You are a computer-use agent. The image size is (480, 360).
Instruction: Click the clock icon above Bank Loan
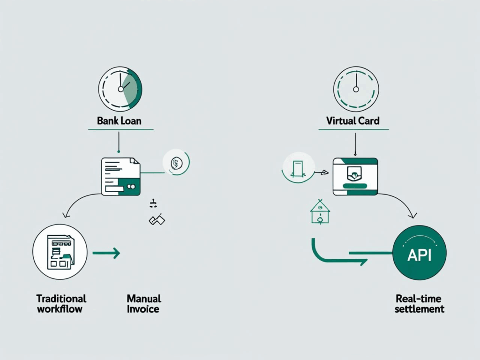pyautogui.click(x=120, y=88)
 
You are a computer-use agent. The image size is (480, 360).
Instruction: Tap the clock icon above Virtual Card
pyautogui.click(x=355, y=88)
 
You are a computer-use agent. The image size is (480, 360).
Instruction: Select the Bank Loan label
pyautogui.click(x=119, y=121)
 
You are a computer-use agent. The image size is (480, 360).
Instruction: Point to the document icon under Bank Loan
pyautogui.click(x=121, y=177)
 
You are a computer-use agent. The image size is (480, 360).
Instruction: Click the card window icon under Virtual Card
pyautogui.click(x=355, y=176)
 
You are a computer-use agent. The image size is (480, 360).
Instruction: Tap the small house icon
pyautogui.click(x=320, y=212)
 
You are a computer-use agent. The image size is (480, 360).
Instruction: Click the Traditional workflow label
pyautogui.click(x=61, y=304)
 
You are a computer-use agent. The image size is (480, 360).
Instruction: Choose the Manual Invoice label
pyautogui.click(x=143, y=304)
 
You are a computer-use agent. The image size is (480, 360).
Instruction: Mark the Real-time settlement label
pyautogui.click(x=419, y=304)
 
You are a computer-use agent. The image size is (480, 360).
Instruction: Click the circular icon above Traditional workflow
pyautogui.click(x=60, y=251)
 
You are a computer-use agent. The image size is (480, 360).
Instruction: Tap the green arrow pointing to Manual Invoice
pyautogui.click(x=106, y=254)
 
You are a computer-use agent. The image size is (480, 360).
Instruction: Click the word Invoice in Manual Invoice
pyautogui.click(x=143, y=309)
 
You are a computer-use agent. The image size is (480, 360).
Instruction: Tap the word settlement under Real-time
pyautogui.click(x=419, y=309)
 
